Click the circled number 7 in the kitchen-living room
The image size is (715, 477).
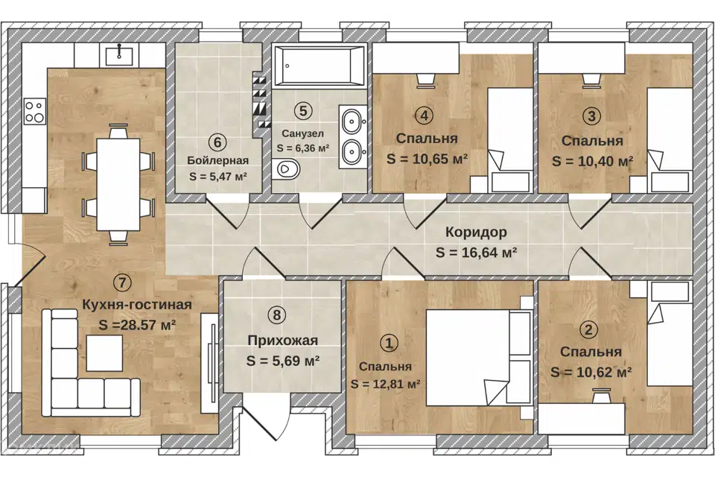coord(121,282)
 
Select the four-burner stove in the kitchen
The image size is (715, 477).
coord(35,111)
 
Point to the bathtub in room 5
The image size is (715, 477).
coord(320,66)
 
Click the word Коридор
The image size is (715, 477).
coord(476,233)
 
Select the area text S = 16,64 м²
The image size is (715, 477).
coord(476,252)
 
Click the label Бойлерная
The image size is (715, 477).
coord(218,161)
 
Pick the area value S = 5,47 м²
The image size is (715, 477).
coord(218,176)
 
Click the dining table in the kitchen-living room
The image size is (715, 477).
coord(118,184)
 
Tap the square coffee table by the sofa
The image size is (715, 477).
coord(104,353)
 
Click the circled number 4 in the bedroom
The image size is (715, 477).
coord(424,116)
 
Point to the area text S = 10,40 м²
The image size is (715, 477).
coord(592,161)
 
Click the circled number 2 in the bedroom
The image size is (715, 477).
coord(588,329)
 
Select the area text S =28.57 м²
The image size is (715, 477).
coord(137,325)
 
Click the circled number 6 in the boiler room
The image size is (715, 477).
coord(217,142)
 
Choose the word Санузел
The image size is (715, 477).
coord(303,133)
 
